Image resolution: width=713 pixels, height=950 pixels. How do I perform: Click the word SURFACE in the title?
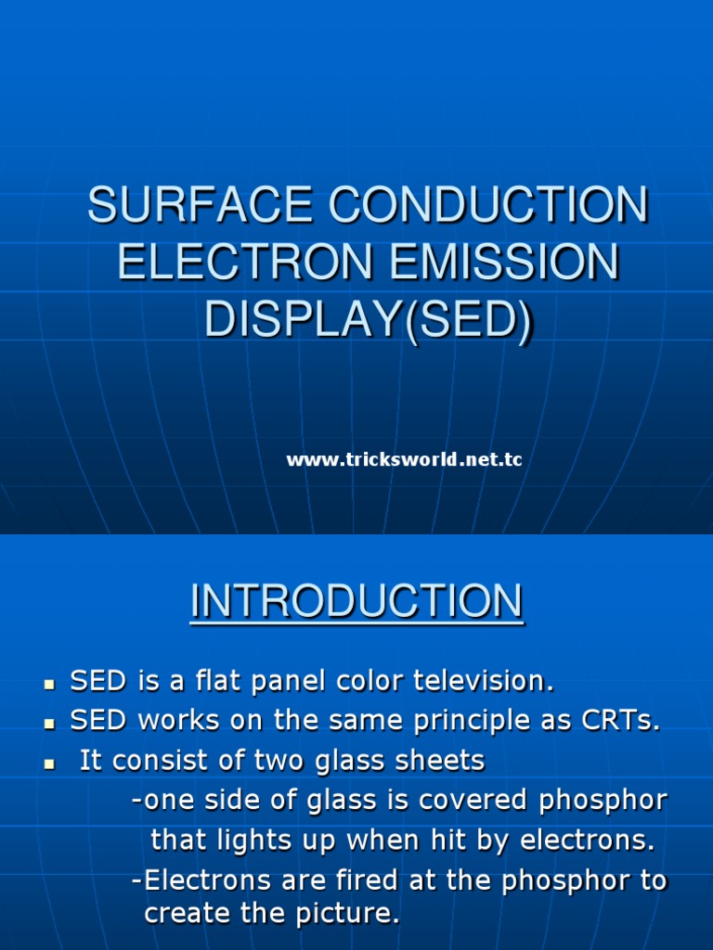(201, 204)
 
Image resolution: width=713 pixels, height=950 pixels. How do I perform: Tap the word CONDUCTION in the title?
(488, 204)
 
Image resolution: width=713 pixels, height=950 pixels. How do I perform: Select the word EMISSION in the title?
(504, 262)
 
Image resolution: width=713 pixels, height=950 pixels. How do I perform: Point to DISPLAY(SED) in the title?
(369, 320)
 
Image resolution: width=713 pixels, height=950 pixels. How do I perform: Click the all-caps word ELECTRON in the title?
(245, 262)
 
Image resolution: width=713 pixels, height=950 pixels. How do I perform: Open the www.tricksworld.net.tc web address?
(404, 459)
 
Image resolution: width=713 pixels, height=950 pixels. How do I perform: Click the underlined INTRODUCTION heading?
(356, 601)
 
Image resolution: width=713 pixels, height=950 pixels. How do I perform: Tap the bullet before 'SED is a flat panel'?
(49, 685)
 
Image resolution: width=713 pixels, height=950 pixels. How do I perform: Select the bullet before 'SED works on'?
(49, 724)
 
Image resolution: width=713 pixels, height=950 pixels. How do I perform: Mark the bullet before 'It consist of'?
(49, 764)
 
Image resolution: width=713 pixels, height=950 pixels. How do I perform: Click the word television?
(484, 680)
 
